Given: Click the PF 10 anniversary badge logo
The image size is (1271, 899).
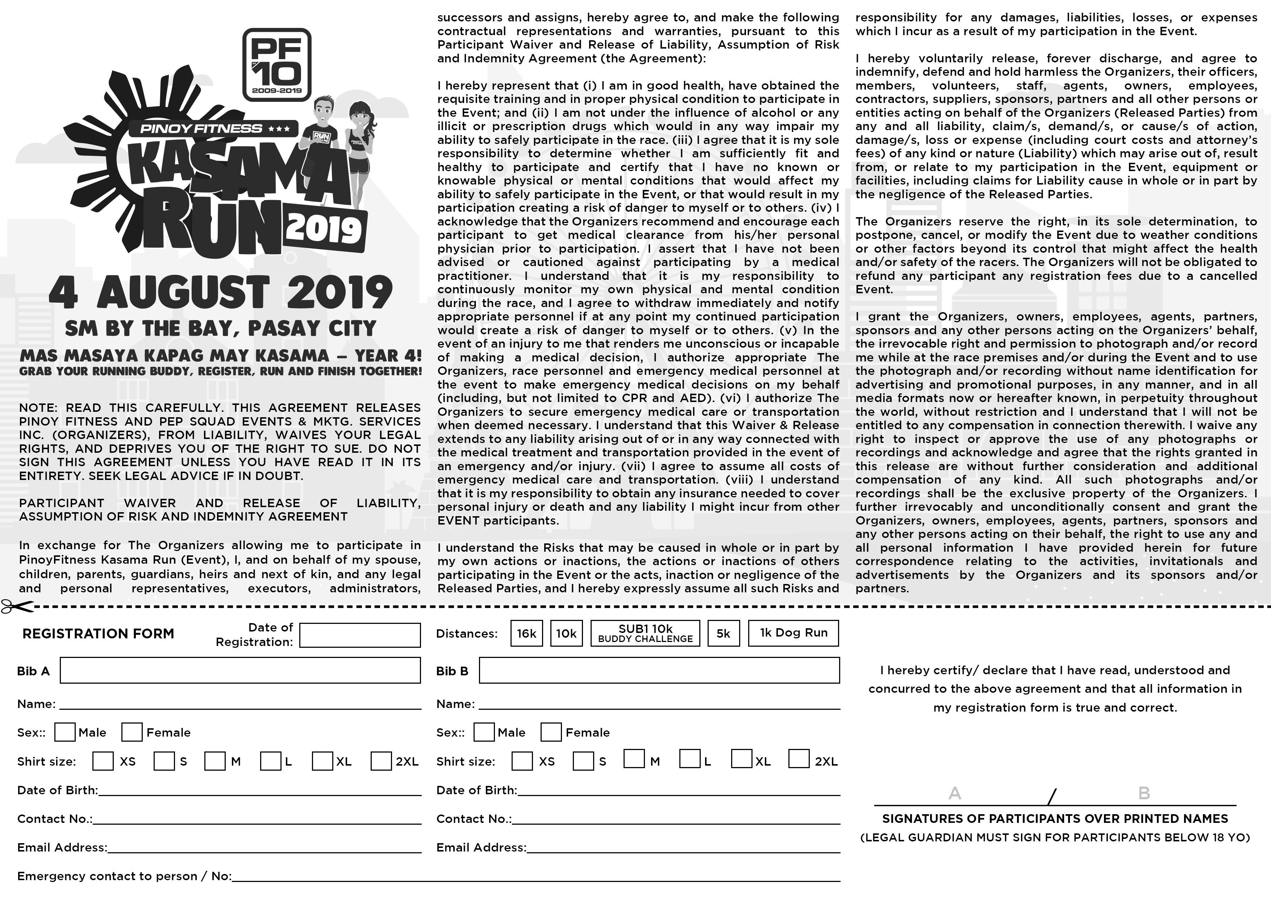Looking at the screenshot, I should (x=277, y=65).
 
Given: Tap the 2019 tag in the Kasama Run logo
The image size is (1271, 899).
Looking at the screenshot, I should (x=324, y=229).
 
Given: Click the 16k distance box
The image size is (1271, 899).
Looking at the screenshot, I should (x=526, y=633).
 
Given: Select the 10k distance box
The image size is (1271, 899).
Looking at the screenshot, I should (x=566, y=633).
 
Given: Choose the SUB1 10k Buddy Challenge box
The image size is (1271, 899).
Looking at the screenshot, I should (x=646, y=633).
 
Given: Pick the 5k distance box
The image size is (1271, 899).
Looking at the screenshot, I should (x=723, y=633).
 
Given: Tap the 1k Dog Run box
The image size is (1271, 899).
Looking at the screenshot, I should (x=793, y=633).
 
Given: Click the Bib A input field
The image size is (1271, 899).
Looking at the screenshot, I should (x=240, y=670).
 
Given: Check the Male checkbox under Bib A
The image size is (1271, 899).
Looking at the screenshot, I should (x=65, y=732).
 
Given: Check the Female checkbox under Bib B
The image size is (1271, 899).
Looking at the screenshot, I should (x=551, y=732).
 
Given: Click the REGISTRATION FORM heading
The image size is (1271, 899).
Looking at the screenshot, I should (x=99, y=634).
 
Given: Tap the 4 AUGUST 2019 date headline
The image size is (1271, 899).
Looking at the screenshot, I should (x=221, y=293).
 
